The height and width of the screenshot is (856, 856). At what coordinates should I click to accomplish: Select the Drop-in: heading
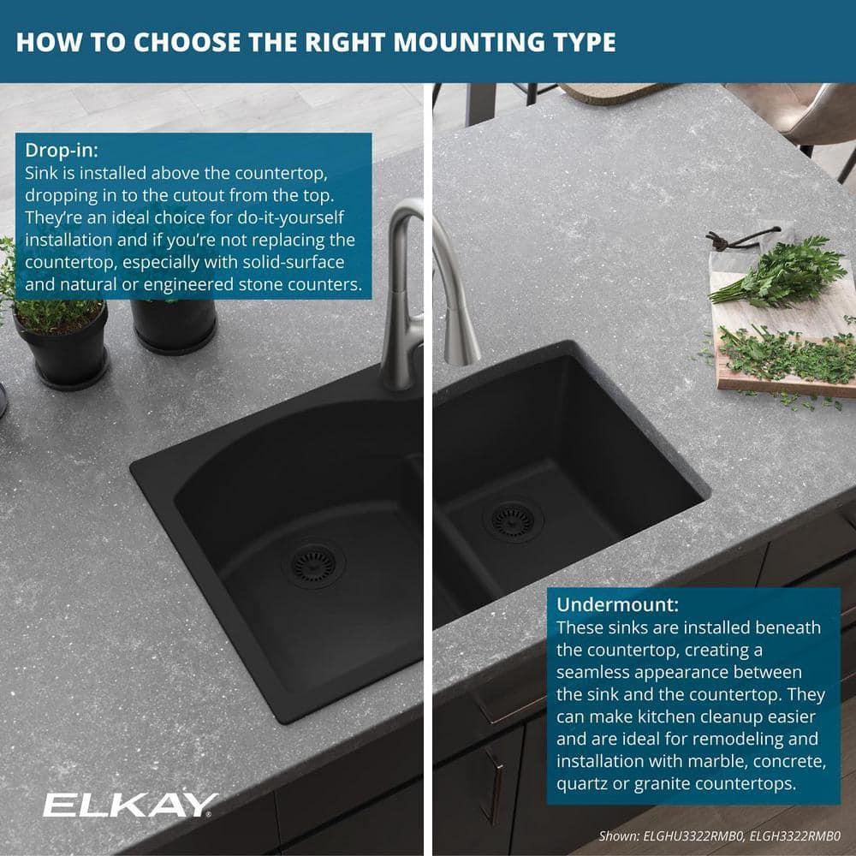[62, 151]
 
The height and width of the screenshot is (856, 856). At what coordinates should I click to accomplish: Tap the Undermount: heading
[618, 604]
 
